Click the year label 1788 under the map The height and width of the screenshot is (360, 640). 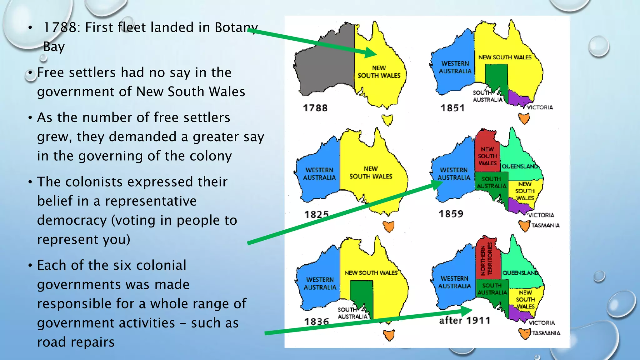(x=315, y=108)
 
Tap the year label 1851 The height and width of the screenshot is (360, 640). (x=453, y=108)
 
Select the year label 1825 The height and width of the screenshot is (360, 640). (x=317, y=214)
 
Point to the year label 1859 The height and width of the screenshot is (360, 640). (x=451, y=214)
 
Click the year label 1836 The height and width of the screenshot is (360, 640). (x=317, y=321)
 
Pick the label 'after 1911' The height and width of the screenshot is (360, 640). (x=465, y=320)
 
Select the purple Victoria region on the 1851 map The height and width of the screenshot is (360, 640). (x=517, y=98)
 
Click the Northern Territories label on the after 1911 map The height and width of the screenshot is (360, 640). (x=487, y=259)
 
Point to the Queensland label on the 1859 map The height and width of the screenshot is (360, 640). (x=520, y=166)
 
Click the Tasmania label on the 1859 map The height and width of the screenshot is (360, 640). (x=545, y=225)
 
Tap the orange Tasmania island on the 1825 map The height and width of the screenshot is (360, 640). (x=389, y=226)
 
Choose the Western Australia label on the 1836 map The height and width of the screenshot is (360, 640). (x=320, y=283)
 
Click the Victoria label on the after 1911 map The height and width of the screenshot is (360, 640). (x=542, y=323)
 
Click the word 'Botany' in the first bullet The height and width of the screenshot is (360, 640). (x=236, y=27)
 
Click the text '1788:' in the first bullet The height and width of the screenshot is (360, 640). (x=62, y=27)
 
